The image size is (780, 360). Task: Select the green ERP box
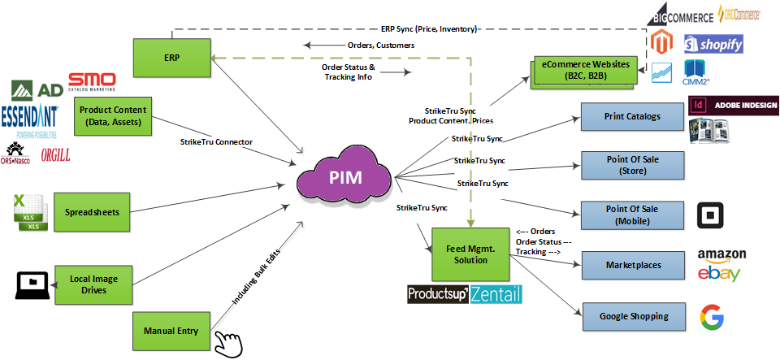coord(171,59)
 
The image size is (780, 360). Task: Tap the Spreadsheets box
coord(92,213)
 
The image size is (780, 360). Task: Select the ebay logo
coord(719,272)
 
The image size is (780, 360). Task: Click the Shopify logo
coord(713,45)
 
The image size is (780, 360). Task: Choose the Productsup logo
coord(437,293)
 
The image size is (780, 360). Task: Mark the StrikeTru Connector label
coord(216,143)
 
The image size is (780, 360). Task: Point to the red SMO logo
coord(91,82)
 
